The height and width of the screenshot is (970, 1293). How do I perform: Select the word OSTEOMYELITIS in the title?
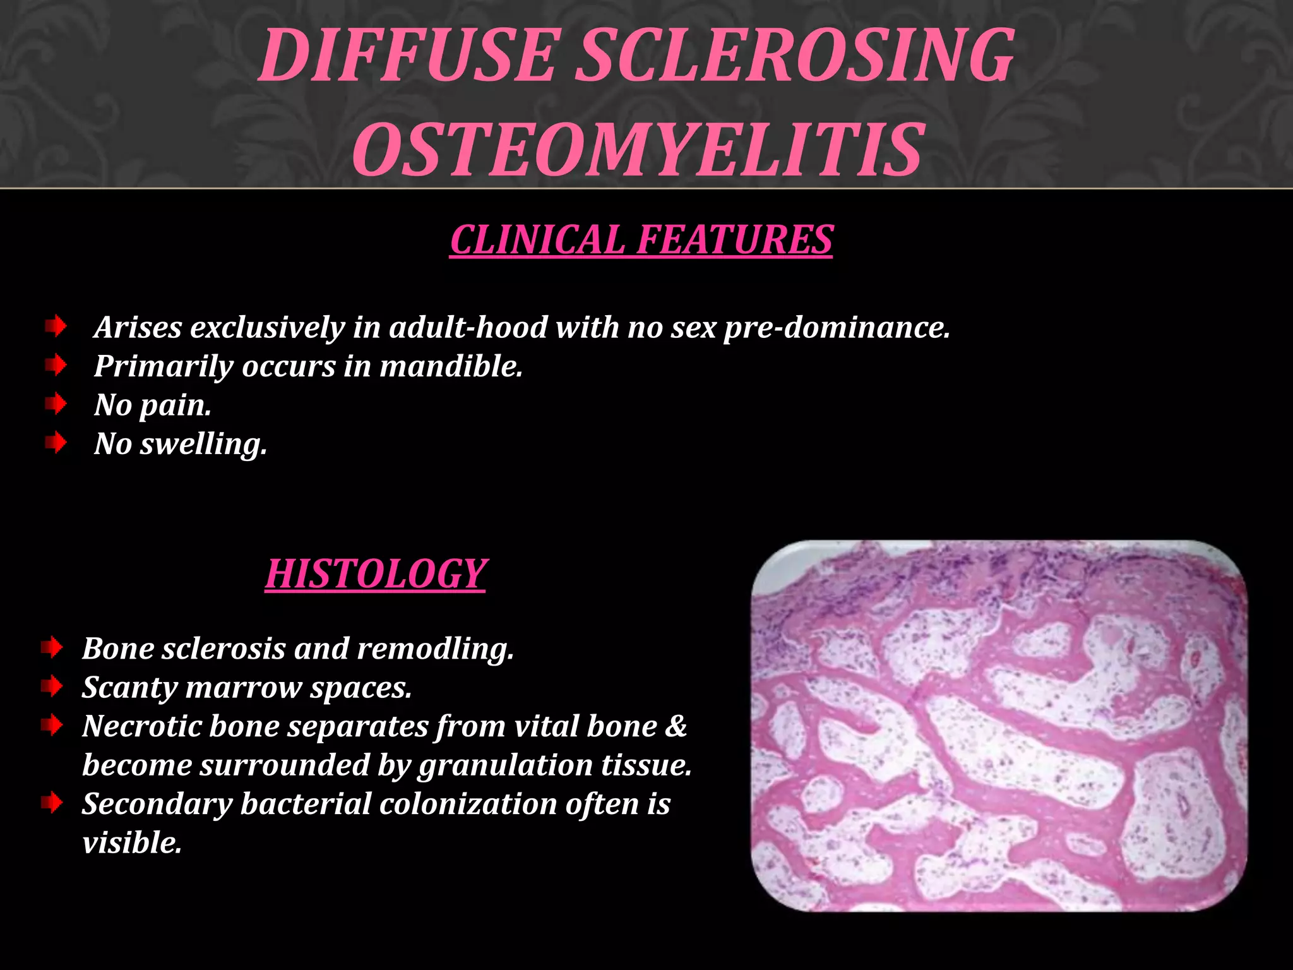(x=638, y=150)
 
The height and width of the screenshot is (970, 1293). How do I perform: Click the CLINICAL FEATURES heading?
(x=641, y=240)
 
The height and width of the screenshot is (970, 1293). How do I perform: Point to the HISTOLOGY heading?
(x=375, y=574)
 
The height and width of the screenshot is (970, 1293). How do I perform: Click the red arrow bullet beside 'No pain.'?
(x=56, y=404)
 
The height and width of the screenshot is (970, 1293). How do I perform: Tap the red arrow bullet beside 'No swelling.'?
(x=56, y=443)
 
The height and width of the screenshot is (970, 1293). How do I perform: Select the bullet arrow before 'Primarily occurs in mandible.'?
(x=56, y=365)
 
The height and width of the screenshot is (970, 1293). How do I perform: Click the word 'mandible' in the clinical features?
(x=450, y=366)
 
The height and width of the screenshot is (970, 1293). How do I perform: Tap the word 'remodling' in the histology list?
(x=435, y=649)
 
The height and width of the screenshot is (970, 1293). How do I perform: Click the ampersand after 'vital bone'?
(x=676, y=726)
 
